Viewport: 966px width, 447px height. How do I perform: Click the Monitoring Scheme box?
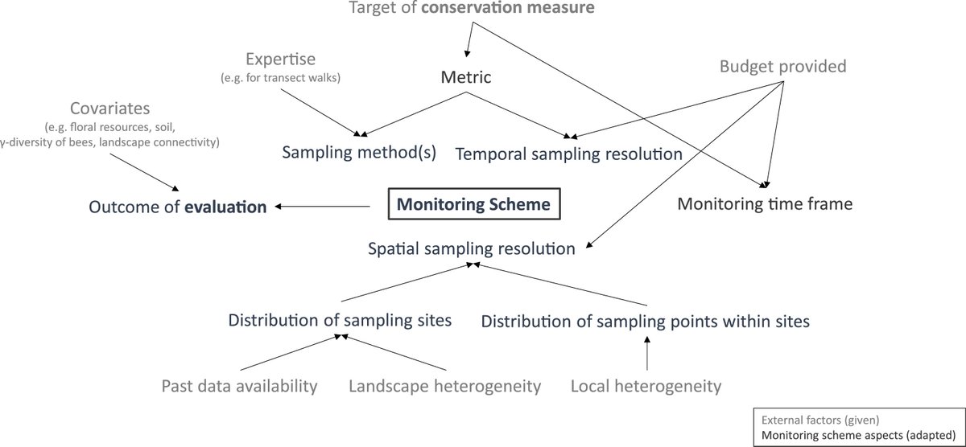(x=474, y=204)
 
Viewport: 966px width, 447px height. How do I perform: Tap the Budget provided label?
(x=782, y=66)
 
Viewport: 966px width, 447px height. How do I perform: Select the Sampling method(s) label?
(x=358, y=153)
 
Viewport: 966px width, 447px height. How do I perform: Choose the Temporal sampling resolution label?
(x=568, y=153)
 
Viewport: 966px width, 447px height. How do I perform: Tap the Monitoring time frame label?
(x=764, y=204)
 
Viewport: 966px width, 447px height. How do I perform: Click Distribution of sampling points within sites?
(x=645, y=321)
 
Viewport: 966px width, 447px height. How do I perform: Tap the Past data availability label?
(x=240, y=386)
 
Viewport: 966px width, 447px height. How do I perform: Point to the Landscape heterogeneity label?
(x=444, y=386)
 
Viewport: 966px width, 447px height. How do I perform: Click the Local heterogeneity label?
(x=646, y=386)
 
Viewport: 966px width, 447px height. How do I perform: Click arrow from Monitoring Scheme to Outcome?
(x=322, y=207)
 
